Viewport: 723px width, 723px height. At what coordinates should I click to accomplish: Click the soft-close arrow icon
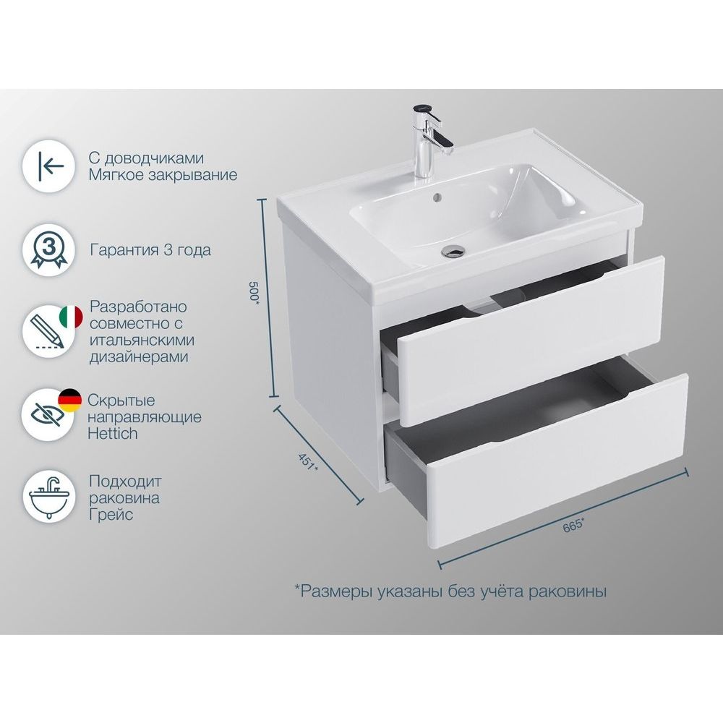pyautogui.click(x=51, y=166)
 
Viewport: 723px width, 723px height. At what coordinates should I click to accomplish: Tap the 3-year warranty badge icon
pyautogui.click(x=49, y=251)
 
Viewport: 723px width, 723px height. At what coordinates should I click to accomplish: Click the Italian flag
pyautogui.click(x=71, y=317)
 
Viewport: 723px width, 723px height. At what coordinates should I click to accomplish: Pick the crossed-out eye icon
pyautogui.click(x=48, y=415)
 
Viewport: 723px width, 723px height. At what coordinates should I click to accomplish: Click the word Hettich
pyautogui.click(x=113, y=433)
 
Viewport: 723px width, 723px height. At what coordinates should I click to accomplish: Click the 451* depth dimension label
pyautogui.click(x=307, y=462)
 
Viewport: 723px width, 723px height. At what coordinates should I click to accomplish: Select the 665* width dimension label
pyautogui.click(x=573, y=525)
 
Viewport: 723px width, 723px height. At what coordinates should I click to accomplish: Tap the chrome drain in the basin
pyautogui.click(x=453, y=251)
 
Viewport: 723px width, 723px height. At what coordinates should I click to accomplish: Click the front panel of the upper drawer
pyautogui.click(x=531, y=341)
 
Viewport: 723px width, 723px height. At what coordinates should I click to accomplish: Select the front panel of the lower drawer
pyautogui.click(x=557, y=461)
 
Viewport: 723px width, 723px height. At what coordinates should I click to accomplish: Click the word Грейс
pyautogui.click(x=111, y=515)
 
